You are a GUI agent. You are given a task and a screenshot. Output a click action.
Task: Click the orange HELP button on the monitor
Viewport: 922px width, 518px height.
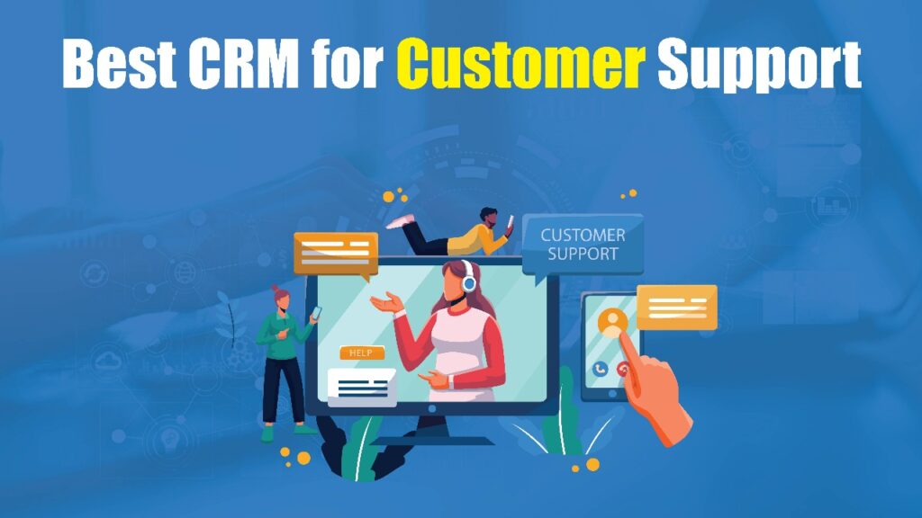361,353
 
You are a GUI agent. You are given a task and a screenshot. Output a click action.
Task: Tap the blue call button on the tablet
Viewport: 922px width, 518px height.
601,369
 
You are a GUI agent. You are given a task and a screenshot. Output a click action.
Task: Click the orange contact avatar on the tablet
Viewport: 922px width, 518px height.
613,322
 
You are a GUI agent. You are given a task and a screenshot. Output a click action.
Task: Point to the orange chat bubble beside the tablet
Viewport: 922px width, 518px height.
677,307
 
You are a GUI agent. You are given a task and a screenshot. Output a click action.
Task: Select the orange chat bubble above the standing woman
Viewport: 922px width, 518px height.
335,254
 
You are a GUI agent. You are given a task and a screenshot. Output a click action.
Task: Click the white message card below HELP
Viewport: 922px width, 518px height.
361,384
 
